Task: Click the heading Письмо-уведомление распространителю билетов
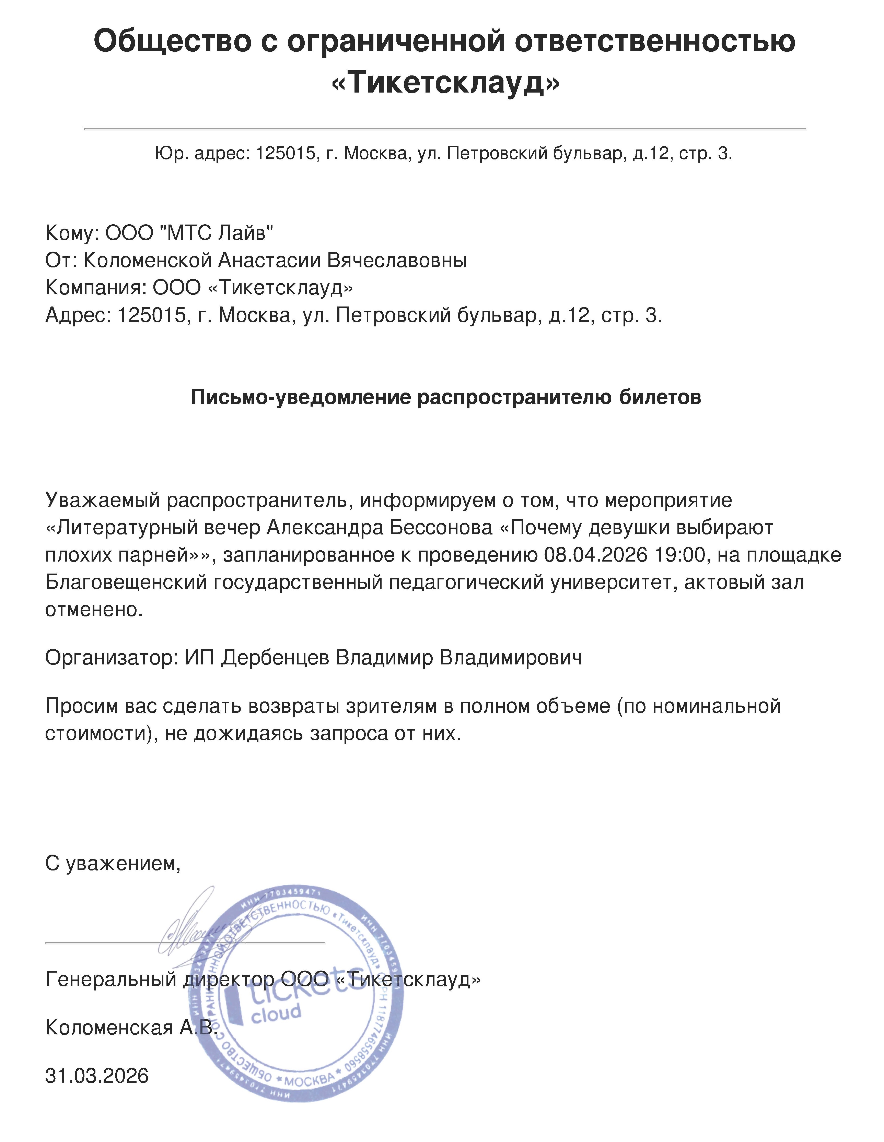446,397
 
